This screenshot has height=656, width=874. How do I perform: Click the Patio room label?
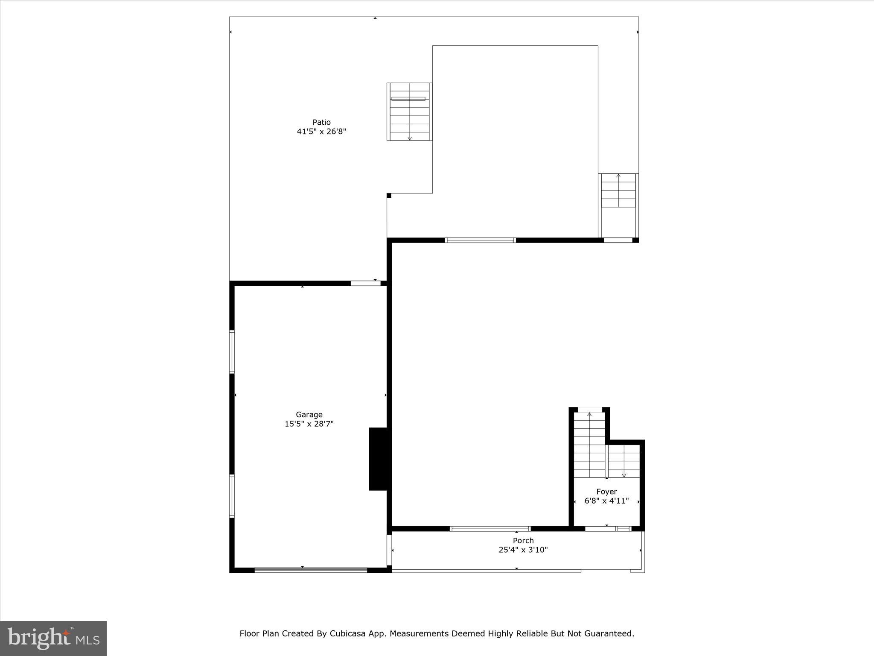[321, 122]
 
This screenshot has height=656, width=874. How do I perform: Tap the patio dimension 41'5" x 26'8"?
[321, 132]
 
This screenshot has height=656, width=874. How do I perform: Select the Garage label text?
[309, 414]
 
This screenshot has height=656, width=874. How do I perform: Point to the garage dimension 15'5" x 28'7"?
[309, 424]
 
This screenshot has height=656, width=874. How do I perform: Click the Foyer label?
[606, 492]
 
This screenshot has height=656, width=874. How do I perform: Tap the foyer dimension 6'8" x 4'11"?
[606, 501]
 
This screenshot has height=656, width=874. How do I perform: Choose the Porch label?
[523, 540]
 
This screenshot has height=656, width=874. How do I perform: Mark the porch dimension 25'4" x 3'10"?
[523, 550]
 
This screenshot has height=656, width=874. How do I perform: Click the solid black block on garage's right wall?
[380, 459]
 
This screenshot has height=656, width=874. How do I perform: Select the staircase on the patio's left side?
[410, 111]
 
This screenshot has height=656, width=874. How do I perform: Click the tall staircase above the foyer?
[589, 444]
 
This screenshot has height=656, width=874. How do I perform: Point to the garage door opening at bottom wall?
[311, 570]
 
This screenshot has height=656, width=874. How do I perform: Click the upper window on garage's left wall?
[232, 352]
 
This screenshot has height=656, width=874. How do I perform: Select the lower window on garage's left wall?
[232, 496]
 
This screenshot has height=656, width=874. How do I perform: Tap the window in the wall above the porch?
[490, 529]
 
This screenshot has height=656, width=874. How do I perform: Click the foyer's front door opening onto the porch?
[600, 529]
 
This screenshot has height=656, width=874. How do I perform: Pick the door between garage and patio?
[365, 283]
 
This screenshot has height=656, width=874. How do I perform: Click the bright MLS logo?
[53, 638]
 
